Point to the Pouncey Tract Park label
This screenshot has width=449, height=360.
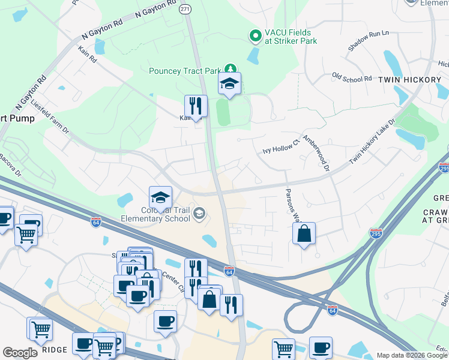pos(185,71)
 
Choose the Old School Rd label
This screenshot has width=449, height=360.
pos(352,78)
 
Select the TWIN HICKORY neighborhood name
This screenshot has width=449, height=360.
pos(405,79)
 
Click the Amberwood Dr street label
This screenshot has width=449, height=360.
pos(316,152)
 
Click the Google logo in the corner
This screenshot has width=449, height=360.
pos(20,353)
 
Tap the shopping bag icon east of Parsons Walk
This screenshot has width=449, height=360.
pos(304,233)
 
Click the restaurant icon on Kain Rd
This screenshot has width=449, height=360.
pos(196,106)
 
